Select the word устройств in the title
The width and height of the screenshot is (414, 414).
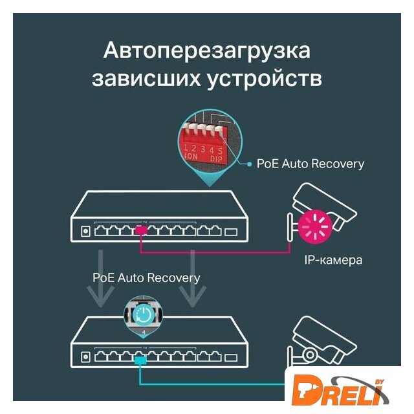tap(269, 80)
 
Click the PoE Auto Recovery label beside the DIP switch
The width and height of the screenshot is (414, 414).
tap(310, 164)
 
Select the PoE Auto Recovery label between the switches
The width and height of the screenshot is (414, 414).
tap(146, 278)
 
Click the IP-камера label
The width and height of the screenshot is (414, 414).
tap(334, 261)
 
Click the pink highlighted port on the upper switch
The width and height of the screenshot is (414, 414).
tap(142, 230)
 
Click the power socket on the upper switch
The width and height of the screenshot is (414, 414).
tap(85, 230)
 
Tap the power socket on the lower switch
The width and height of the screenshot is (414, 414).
tap(85, 356)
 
